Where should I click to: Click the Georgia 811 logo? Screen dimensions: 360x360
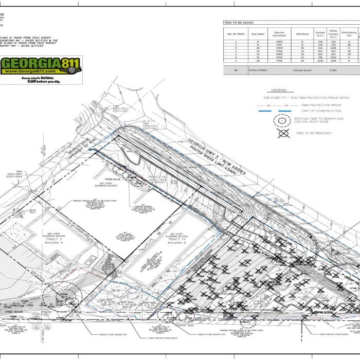pyautogui.click(x=41, y=65)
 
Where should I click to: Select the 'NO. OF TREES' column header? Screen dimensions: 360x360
pyautogui.click(x=236, y=34)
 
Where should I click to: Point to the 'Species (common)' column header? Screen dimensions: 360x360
pyautogui.click(x=279, y=34)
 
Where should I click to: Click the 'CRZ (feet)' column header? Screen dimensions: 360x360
pyautogui.click(x=302, y=34)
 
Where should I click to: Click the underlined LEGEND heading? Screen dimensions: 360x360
pyautogui.click(x=278, y=90)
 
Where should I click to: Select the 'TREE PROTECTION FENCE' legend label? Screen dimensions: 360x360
pyautogui.click(x=321, y=105)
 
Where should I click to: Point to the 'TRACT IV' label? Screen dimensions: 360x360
pyautogui.click(x=176, y=239)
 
